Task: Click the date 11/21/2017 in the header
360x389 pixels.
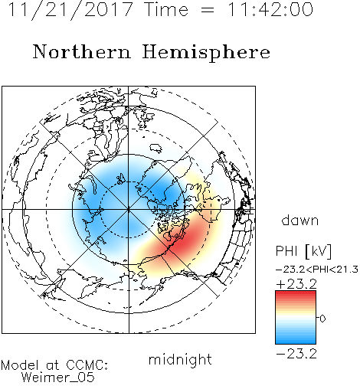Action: tap(70, 10)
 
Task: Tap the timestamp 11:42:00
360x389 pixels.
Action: tap(270, 9)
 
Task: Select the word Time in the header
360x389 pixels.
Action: tap(166, 9)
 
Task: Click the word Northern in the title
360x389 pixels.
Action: tap(82, 51)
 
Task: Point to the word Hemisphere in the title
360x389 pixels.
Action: tap(206, 53)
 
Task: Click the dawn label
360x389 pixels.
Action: tap(300, 221)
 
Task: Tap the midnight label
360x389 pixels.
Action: tap(180, 359)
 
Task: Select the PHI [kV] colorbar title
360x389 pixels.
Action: tap(303, 251)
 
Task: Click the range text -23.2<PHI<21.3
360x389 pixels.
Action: tap(317, 270)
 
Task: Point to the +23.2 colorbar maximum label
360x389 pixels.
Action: tap(296, 283)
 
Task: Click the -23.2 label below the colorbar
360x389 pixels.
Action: tap(296, 354)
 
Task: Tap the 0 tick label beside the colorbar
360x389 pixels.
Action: tap(322, 319)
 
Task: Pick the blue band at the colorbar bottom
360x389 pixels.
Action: tap(296, 338)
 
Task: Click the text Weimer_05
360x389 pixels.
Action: tap(58, 377)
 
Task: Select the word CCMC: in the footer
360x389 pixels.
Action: tap(87, 365)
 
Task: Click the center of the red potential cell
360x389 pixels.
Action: tap(182, 240)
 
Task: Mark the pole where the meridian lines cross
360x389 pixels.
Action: tap(129, 209)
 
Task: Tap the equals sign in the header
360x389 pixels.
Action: tap(208, 10)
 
